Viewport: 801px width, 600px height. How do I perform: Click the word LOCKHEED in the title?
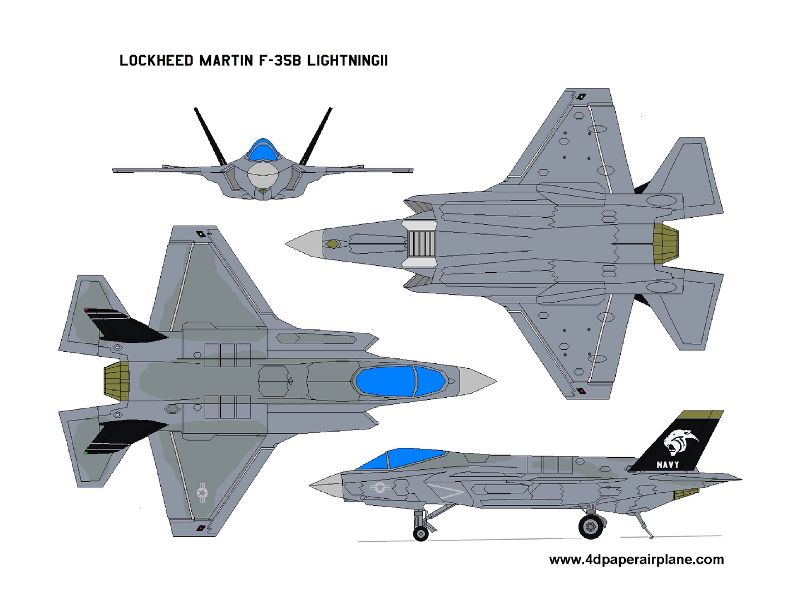[156, 61]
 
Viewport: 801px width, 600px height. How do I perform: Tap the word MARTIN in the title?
[226, 61]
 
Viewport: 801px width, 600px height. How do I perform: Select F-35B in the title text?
[280, 61]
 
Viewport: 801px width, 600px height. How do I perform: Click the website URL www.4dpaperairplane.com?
[636, 559]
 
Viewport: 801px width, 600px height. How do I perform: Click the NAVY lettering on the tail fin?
[667, 465]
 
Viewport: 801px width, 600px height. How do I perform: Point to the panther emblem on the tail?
[681, 442]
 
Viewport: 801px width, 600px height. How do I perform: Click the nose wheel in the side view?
[421, 534]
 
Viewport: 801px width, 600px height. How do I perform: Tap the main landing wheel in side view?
[590, 527]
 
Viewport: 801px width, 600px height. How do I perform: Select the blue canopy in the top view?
[400, 381]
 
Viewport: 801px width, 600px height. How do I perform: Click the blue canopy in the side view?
[400, 459]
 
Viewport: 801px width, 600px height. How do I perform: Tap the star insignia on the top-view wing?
[202, 493]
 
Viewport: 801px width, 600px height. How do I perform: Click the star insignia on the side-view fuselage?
[380, 487]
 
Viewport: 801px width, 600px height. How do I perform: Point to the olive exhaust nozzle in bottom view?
[665, 244]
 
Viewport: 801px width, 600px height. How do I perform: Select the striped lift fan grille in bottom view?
[422, 244]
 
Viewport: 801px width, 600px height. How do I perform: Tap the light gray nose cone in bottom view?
[305, 244]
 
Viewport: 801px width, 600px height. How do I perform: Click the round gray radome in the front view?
[263, 174]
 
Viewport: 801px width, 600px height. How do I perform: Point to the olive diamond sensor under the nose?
[333, 244]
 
